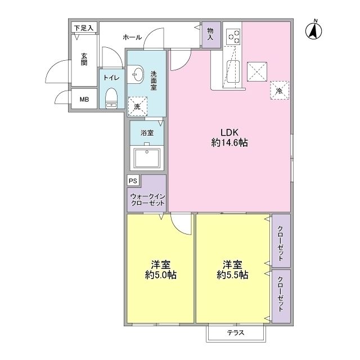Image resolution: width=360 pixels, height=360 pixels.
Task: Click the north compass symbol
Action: point(314,31)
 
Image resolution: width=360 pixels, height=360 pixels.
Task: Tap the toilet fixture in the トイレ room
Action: point(111,98)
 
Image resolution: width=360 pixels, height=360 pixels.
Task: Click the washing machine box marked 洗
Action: point(137,106)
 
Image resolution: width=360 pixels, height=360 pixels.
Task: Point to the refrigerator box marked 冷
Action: point(280,90)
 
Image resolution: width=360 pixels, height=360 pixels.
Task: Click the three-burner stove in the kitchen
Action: point(233,37)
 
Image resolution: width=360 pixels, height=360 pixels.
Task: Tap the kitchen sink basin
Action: point(233,71)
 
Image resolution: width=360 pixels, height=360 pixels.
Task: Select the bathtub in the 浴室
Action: point(147,158)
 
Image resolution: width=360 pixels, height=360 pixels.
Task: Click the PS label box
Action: point(133,181)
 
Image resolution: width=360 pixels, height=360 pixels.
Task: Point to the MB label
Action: point(84,100)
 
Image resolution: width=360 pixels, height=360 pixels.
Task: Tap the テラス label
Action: point(236,332)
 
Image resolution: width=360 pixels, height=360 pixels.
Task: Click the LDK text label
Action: point(229,133)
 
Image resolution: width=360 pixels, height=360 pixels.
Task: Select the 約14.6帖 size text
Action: point(229,143)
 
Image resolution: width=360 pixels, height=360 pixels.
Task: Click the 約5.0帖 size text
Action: point(161,274)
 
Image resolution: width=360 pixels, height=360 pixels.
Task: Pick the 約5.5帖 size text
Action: point(232,274)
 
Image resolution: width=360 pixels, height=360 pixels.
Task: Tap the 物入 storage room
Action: point(211,35)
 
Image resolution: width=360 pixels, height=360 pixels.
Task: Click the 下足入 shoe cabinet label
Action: point(84,28)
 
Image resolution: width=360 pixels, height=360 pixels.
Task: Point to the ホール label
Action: point(132,37)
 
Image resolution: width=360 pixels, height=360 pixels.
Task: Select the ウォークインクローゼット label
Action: point(147,200)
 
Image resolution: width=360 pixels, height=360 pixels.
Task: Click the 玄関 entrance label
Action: point(84,59)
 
